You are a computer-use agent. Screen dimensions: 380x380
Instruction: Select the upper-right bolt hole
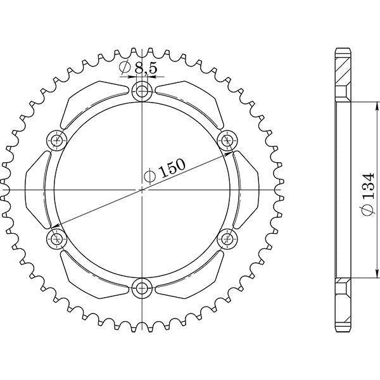coord(226,139)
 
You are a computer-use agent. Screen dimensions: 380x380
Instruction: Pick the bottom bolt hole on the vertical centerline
coord(141,289)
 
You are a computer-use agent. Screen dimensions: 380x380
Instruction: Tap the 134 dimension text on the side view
coord(369,189)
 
